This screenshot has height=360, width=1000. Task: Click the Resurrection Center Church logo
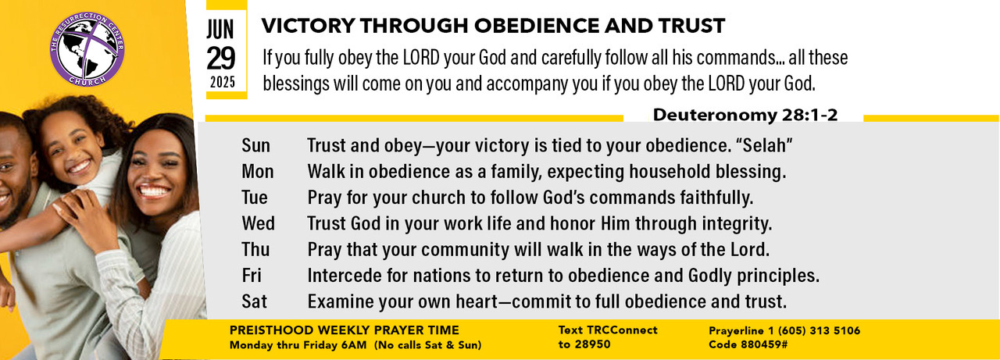coord(87,49)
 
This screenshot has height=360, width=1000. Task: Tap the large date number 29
coord(220,59)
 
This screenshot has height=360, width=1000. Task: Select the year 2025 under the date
coord(223,83)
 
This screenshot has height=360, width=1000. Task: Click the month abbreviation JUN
coord(220,30)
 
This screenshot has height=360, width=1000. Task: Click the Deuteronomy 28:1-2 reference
coord(745,115)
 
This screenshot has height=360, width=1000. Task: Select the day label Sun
coord(255,145)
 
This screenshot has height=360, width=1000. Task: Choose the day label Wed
coord(258,223)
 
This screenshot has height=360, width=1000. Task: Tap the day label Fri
coord(252,275)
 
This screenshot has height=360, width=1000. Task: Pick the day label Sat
coord(254,301)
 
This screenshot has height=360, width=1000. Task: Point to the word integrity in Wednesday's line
coord(737,223)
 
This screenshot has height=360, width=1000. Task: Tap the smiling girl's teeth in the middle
coord(79,167)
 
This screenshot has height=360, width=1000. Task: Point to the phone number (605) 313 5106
coord(820,330)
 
